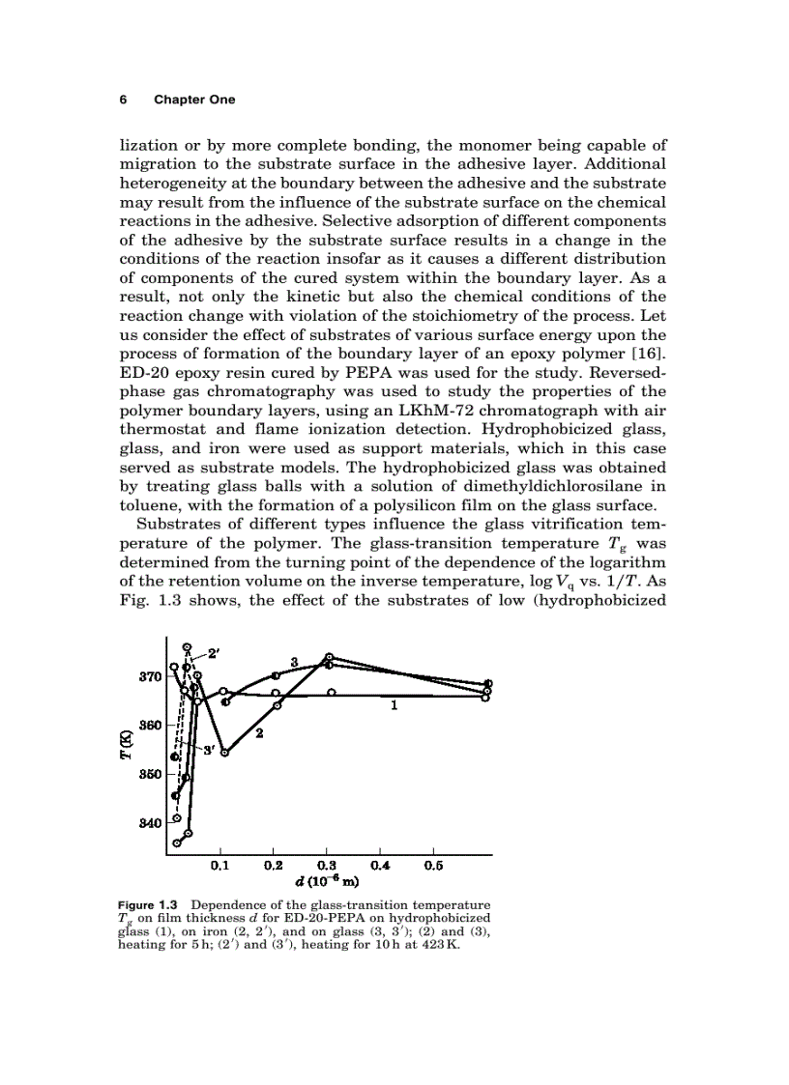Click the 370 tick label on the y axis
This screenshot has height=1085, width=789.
tap(150, 676)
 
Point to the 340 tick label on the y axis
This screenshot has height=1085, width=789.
tap(150, 823)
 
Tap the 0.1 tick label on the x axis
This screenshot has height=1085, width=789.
tap(220, 868)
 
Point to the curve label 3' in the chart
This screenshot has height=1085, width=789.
tap(207, 750)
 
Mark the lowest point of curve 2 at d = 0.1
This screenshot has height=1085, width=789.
tap(224, 753)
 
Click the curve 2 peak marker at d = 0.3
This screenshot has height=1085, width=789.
tap(330, 657)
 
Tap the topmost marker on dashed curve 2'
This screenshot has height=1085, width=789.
tap(188, 647)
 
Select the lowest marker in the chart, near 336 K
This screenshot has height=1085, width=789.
tap(177, 842)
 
